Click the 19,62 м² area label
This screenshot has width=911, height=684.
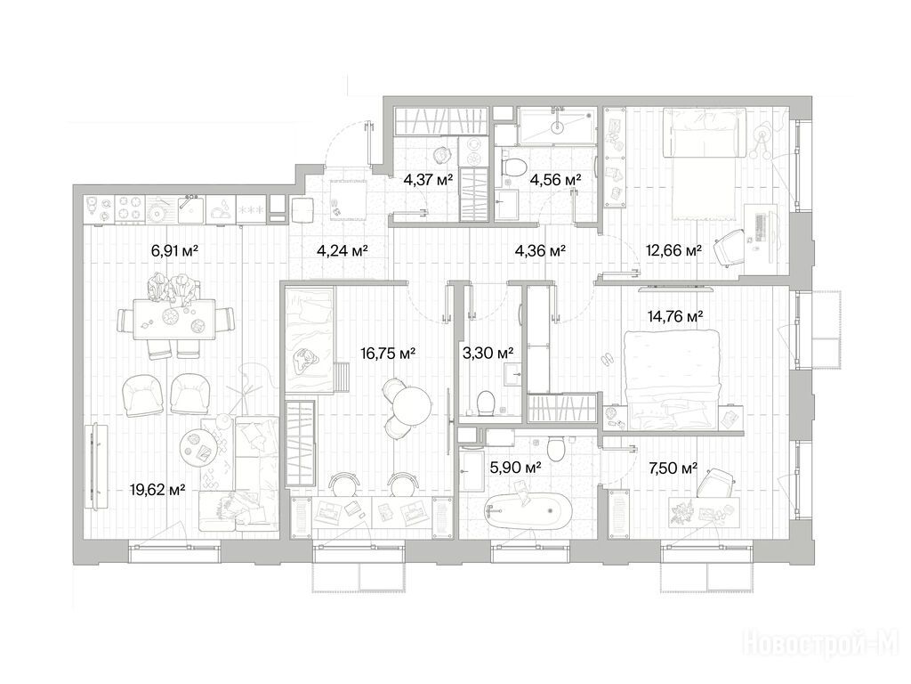point(157,490)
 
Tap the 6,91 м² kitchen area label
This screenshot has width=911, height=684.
point(175,250)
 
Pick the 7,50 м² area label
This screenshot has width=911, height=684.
point(673,467)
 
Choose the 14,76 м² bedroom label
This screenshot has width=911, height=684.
point(675,316)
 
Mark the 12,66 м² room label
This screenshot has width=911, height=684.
point(674,250)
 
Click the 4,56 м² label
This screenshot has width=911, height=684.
point(555,180)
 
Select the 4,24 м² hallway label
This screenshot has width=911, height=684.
point(343,250)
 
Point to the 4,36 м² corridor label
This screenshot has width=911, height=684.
point(541,250)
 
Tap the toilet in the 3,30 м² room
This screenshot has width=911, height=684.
point(485,403)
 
